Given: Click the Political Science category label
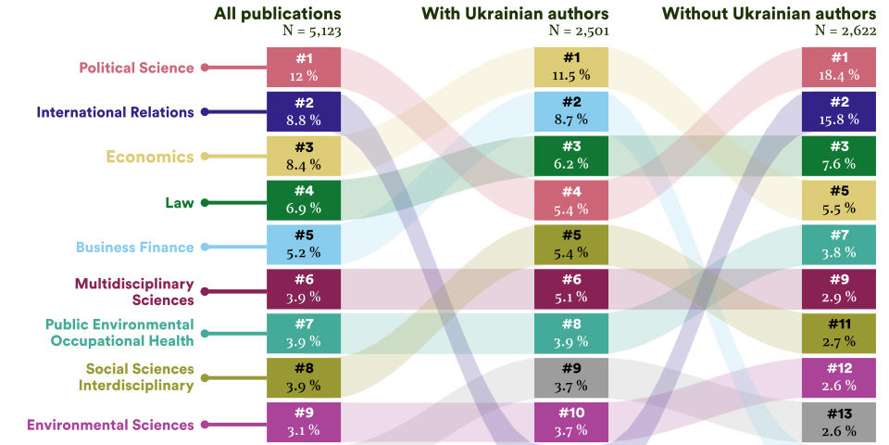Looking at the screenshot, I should [x=136, y=68].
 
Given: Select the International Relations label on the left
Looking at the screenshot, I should [x=115, y=112].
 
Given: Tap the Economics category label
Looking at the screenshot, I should [x=150, y=157].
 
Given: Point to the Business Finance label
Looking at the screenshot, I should [x=134, y=248].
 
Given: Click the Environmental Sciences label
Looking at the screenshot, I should [x=110, y=425].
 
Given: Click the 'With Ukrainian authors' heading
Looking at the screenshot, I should [x=515, y=13].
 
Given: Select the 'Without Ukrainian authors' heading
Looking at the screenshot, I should [x=768, y=13].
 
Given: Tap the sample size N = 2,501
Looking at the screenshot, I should [x=579, y=31].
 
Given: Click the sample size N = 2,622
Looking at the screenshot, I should [x=845, y=31].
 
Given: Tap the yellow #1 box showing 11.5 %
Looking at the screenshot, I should [x=570, y=67].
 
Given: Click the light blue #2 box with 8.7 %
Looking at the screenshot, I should [x=570, y=111].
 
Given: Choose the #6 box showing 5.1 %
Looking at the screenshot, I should [x=570, y=289].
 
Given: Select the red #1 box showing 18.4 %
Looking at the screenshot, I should [x=839, y=67].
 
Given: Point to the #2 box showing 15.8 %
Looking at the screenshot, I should [x=839, y=111].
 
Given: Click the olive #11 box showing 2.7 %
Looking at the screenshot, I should [x=839, y=334].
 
